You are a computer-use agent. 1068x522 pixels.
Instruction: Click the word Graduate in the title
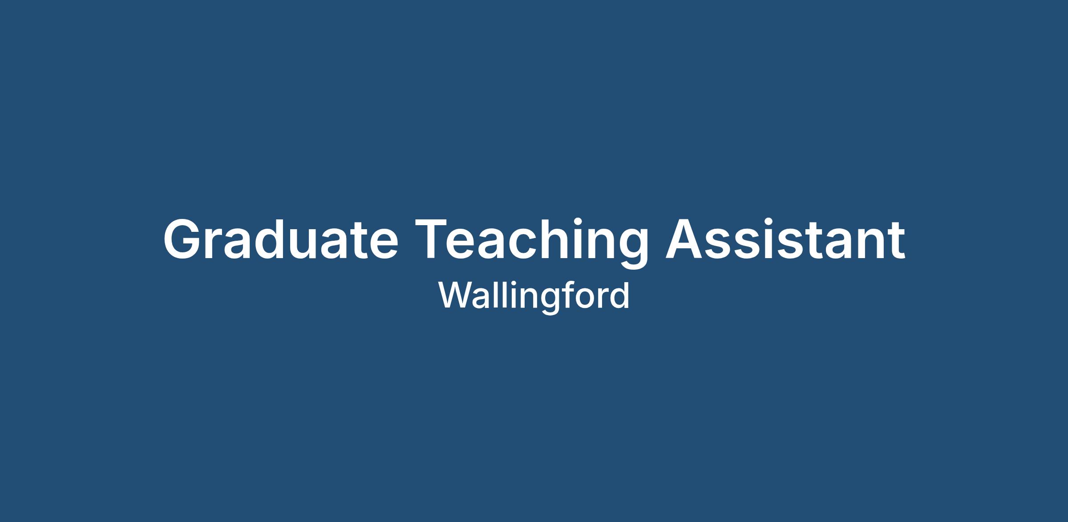[x=281, y=239]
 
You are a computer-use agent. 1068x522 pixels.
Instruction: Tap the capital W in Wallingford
[x=457, y=295]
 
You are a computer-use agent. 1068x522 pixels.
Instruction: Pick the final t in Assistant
[x=895, y=241]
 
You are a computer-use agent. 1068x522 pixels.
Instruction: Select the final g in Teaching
[x=632, y=249]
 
